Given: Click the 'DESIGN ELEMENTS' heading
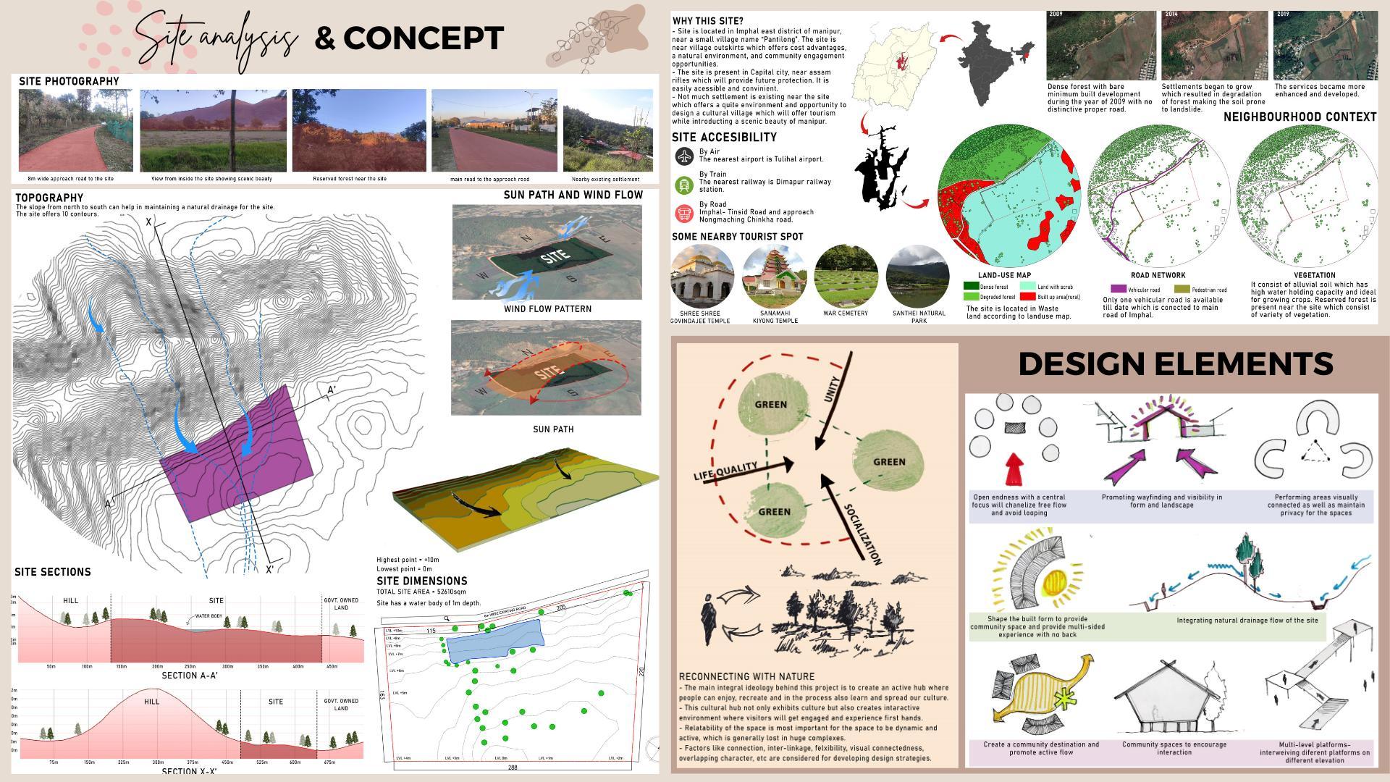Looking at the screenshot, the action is click(x=1175, y=363).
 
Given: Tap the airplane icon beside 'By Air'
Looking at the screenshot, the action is click(x=684, y=156).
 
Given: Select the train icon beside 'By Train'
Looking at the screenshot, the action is click(x=684, y=185).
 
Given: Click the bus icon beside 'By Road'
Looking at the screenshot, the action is click(x=684, y=214).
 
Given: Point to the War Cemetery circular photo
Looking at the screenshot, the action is click(x=846, y=276).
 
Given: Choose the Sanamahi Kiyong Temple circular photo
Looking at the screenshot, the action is click(x=775, y=276).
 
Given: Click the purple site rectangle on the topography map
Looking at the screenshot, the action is click(x=239, y=456).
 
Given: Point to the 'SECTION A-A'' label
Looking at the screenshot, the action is click(x=190, y=676).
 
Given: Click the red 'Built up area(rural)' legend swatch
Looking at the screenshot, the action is click(x=1027, y=297).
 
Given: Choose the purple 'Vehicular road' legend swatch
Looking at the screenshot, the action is click(x=1118, y=290).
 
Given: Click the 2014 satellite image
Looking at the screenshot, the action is click(x=1214, y=45).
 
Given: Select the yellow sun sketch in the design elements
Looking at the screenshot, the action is click(x=1056, y=584).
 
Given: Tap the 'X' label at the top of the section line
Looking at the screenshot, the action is click(x=149, y=222).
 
